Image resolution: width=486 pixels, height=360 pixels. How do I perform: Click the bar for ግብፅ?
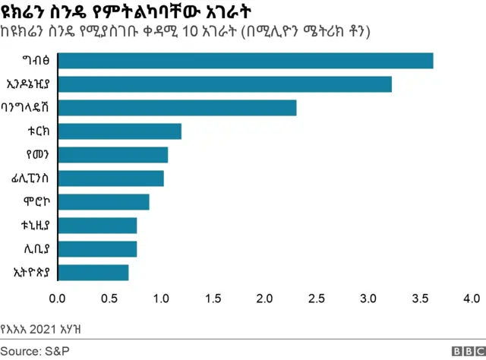pyautogui.click(x=245, y=61)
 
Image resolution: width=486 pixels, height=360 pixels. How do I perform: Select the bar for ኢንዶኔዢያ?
pyautogui.click(x=225, y=84)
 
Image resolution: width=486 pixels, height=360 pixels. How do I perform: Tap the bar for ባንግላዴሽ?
pyautogui.click(x=177, y=108)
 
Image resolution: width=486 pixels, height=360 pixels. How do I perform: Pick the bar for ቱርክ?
pyautogui.click(x=119, y=131)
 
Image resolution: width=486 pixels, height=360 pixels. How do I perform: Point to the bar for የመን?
pyautogui.click(x=112, y=155)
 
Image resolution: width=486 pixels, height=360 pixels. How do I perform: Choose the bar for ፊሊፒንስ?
pyautogui.click(x=110, y=178)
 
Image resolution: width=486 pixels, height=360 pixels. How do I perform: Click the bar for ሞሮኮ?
pyautogui.click(x=103, y=202)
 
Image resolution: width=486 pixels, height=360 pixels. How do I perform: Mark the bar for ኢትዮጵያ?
pyautogui.click(x=93, y=273)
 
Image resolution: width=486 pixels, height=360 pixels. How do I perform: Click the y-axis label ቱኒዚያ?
pyautogui.click(x=37, y=226)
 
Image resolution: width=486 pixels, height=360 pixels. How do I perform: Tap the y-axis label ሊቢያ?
pyautogui.click(x=39, y=249)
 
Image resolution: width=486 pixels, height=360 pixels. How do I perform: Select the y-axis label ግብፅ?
pyautogui.click(x=39, y=61)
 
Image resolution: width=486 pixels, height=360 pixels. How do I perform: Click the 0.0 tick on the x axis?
pyautogui.click(x=58, y=298)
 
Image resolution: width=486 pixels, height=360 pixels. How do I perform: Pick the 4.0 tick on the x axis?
pyautogui.click(x=471, y=298)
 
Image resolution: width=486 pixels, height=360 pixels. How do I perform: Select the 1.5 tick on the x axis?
pyautogui.click(x=213, y=298)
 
